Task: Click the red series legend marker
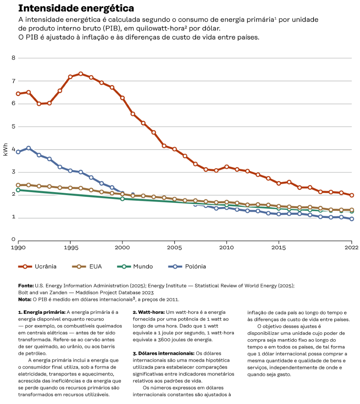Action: [x=25, y=267]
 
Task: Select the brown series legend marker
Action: [x=79, y=267]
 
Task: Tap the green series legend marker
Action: [x=124, y=267]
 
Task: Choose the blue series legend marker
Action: [x=175, y=267]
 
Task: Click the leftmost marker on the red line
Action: [x=18, y=94]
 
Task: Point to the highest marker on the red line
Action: [x=81, y=73]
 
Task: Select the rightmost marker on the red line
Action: [x=352, y=195]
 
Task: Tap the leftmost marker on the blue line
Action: [x=18, y=152]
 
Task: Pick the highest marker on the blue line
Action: [x=28, y=148]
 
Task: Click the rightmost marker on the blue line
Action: [x=352, y=219]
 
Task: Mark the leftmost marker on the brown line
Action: [x=18, y=185]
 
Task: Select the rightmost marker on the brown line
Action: [x=352, y=210]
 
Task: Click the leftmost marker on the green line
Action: [x=18, y=190]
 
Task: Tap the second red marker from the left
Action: [x=28, y=92]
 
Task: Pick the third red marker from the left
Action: [x=39, y=104]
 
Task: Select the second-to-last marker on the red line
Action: [x=341, y=193]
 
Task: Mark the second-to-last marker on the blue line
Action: [x=341, y=217]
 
